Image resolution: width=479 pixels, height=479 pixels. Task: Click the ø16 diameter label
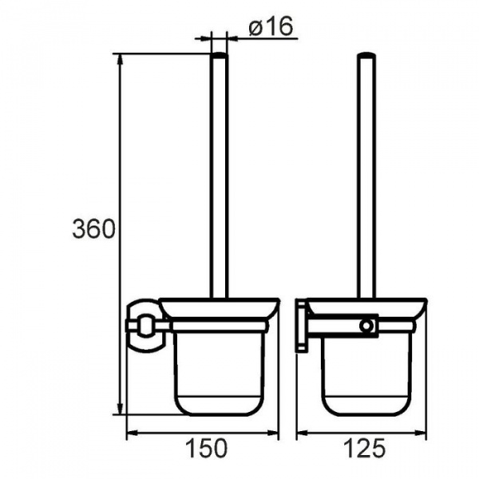click(x=271, y=26)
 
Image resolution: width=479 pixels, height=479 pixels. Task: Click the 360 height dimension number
click(x=93, y=229)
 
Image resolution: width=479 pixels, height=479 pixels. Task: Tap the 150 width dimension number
click(x=207, y=448)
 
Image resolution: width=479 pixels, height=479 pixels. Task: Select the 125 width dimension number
click(x=365, y=448)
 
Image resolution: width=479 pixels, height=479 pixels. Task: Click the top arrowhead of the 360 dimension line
click(x=120, y=61)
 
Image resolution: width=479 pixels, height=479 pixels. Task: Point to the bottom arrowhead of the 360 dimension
click(x=120, y=408)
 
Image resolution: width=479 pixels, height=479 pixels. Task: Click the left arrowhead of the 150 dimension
click(x=133, y=432)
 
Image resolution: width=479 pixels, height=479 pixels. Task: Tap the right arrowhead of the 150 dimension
click(x=272, y=432)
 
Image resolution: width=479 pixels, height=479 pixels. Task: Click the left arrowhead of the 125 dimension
click(x=303, y=432)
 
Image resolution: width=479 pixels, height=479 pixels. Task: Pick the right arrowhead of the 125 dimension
click(x=419, y=432)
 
